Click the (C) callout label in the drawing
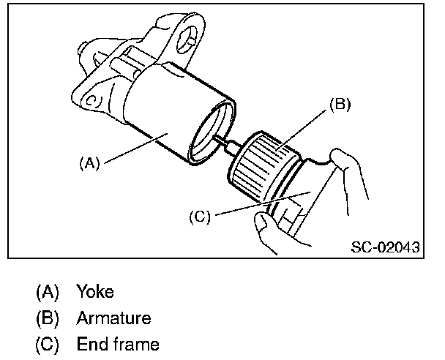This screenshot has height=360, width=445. [x=199, y=217]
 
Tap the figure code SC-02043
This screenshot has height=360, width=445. [x=384, y=247]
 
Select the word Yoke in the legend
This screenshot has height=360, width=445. [x=95, y=292]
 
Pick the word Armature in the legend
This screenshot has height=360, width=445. [x=113, y=318]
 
